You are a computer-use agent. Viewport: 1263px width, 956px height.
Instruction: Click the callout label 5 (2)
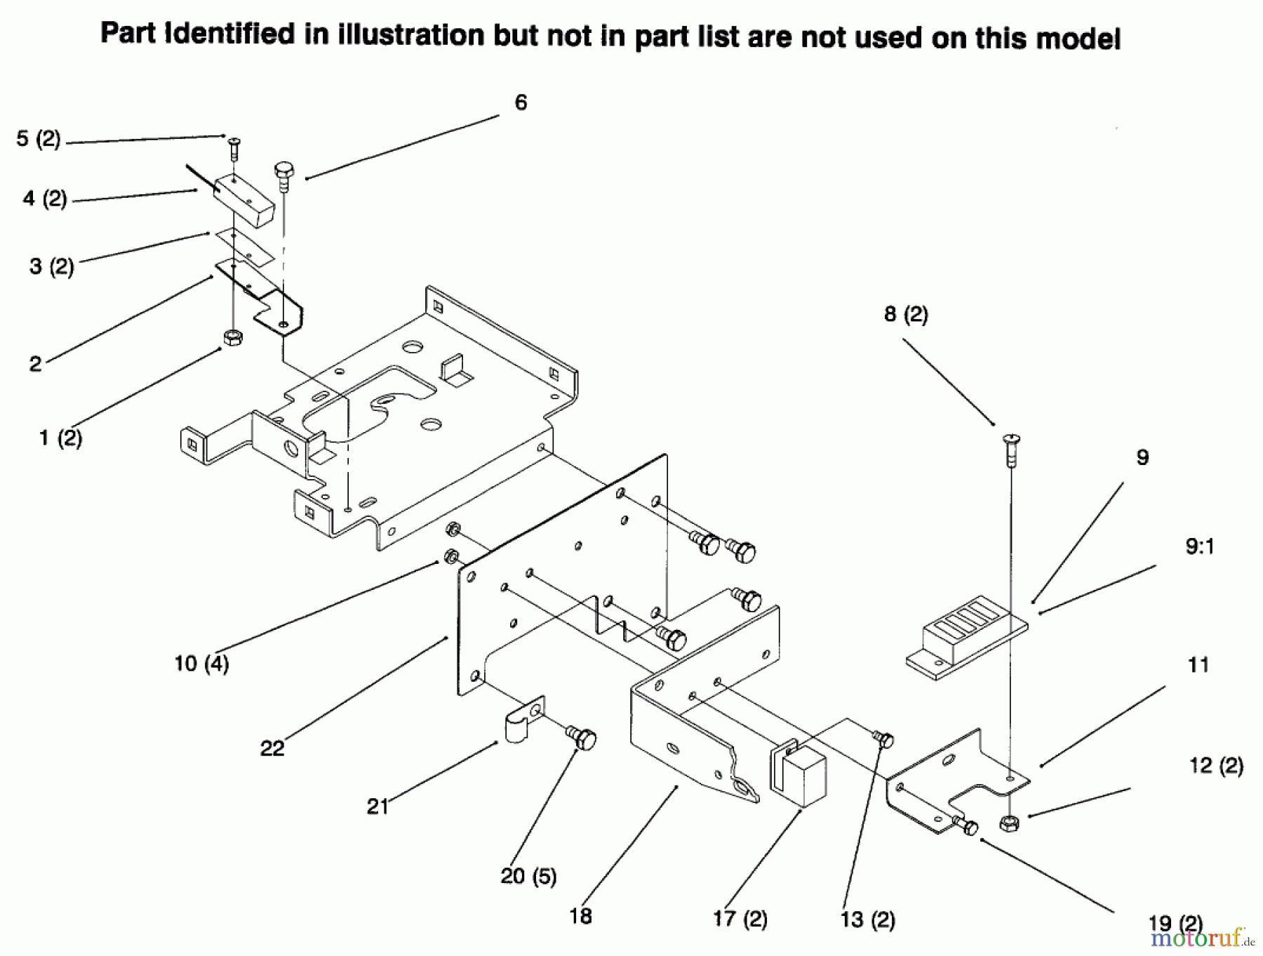pos(39,139)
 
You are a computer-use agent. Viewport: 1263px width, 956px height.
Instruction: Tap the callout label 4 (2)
pos(45,198)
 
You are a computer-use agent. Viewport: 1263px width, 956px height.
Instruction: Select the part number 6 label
pos(521,102)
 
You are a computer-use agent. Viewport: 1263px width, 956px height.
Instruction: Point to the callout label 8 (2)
pos(906,314)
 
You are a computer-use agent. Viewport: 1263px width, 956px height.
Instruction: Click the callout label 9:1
pos(1200,546)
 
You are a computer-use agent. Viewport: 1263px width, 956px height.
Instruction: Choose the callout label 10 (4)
pos(202,663)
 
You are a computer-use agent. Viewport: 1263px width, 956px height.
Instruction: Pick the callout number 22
pos(272,748)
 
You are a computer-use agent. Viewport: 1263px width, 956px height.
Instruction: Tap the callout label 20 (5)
pos(528,876)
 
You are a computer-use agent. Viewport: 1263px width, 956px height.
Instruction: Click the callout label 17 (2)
pos(740,919)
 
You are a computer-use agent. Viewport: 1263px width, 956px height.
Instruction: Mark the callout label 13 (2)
pos(868,920)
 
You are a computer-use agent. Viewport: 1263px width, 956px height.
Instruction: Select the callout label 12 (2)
pos(1217,765)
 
